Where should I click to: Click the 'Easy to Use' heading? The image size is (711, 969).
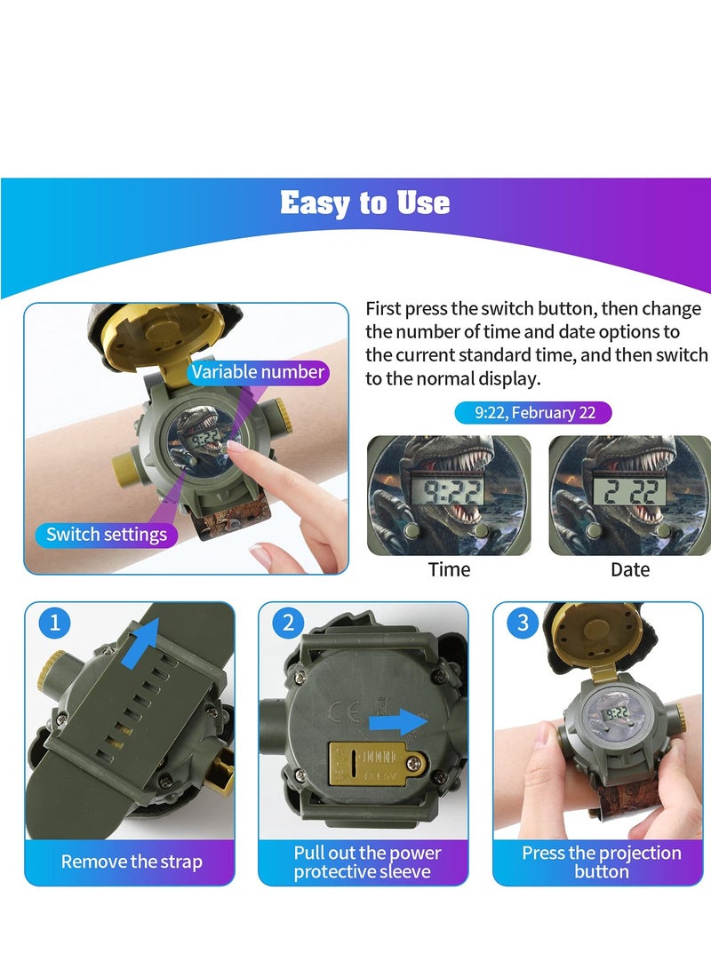pyautogui.click(x=364, y=203)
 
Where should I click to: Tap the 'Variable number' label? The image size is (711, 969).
pyautogui.click(x=258, y=371)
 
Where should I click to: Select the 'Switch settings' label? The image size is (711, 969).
pyautogui.click(x=107, y=534)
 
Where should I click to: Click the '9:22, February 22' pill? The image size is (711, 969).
pyautogui.click(x=532, y=413)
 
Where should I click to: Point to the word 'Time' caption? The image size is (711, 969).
pyautogui.click(x=449, y=569)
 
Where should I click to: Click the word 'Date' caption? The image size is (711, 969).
pyautogui.click(x=630, y=569)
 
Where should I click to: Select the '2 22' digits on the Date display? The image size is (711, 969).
pyautogui.click(x=628, y=487)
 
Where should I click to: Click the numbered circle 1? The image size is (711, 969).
pyautogui.click(x=54, y=623)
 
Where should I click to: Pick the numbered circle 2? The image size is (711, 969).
pyautogui.click(x=288, y=623)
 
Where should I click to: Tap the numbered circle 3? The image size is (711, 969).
pyautogui.click(x=523, y=623)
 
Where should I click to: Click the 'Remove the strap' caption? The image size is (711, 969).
pyautogui.click(x=132, y=861)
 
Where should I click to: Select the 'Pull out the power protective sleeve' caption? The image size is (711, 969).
pyautogui.click(x=367, y=861)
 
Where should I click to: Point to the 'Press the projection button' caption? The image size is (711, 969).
pyautogui.click(x=602, y=861)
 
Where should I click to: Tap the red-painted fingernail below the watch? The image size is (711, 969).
pyautogui.click(x=262, y=555)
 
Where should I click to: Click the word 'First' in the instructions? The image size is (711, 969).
pyautogui.click(x=384, y=309)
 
